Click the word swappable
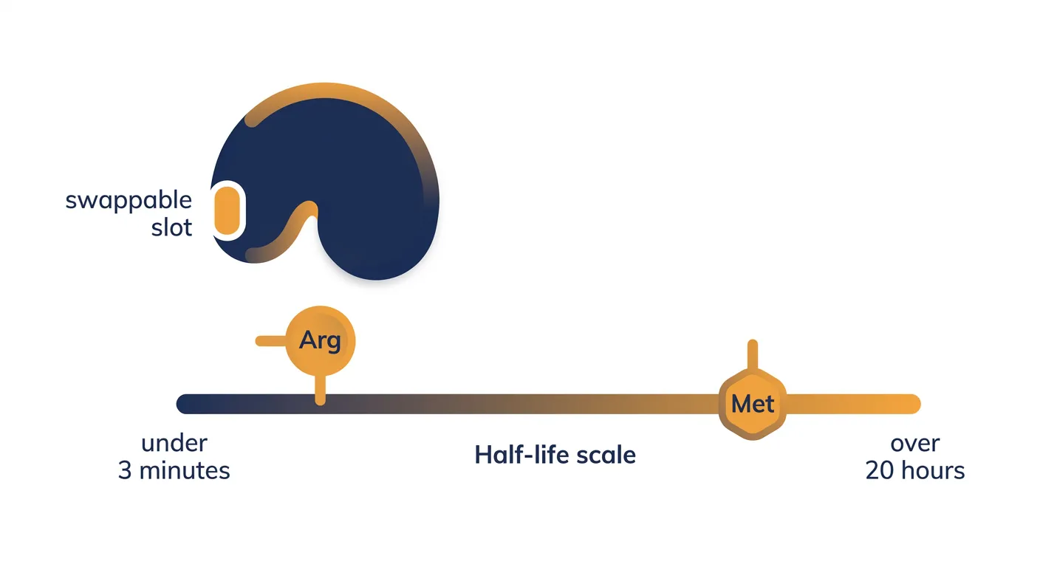129,202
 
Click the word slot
171,227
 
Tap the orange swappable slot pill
227,210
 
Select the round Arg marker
321,340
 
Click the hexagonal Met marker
753,404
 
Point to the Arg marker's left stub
270,341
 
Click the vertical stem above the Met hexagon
753,355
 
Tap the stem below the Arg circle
320,390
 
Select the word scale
606,455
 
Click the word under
174,444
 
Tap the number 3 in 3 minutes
125,470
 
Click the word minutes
185,470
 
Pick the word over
915,444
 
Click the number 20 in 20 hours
880,470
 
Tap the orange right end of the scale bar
910,404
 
